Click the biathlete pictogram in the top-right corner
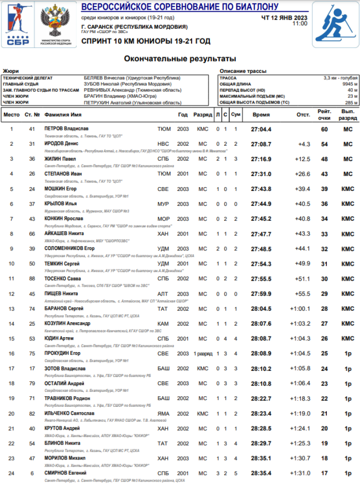click(x=336, y=24)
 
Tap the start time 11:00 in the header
click(x=300, y=23)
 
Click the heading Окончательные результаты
click(x=180, y=59)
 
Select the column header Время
click(x=261, y=115)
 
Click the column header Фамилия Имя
click(x=63, y=115)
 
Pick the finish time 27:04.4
click(x=261, y=129)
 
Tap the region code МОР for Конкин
click(x=163, y=219)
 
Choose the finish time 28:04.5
click(x=261, y=308)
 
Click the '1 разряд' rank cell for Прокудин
click(x=203, y=354)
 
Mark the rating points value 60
click(x=324, y=129)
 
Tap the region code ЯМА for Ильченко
click(x=163, y=413)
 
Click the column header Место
click(x=12, y=115)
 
